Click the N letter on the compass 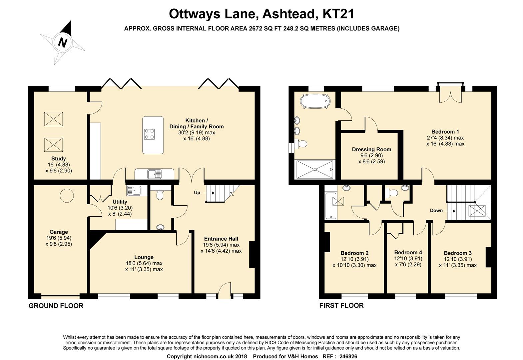tap(62, 43)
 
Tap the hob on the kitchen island tap(149, 134)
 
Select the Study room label tap(59, 159)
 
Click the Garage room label tap(59, 232)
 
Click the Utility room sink tap(134, 191)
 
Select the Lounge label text tap(144, 257)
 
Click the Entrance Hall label tap(221, 239)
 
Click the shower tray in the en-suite tap(315, 170)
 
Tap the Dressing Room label tap(371, 149)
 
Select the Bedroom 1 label tap(445, 132)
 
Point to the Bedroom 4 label tap(408, 252)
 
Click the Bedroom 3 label tap(458, 253)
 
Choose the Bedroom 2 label tap(354, 253)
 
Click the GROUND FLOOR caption tap(56, 306)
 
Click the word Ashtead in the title tap(288, 14)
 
